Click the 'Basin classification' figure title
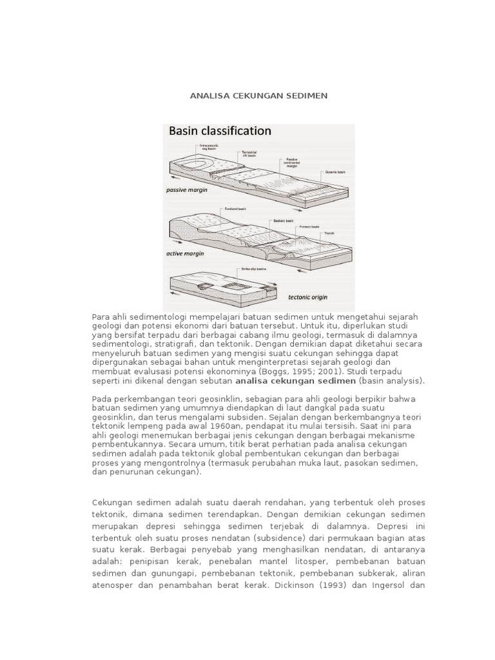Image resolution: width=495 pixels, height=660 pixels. (220, 131)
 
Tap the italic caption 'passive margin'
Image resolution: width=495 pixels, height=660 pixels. (187, 191)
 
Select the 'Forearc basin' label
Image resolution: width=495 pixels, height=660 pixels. (311, 226)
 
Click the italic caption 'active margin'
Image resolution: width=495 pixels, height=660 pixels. (186, 253)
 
